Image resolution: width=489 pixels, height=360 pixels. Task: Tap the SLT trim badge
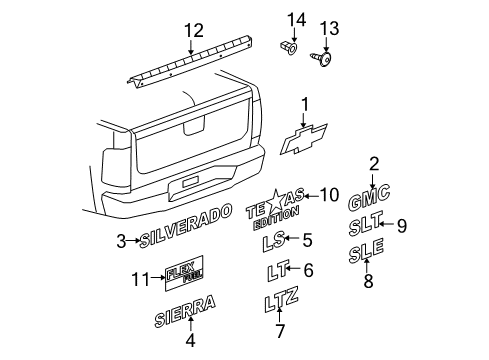(367, 226)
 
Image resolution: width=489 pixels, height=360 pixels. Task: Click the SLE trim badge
(366, 255)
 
